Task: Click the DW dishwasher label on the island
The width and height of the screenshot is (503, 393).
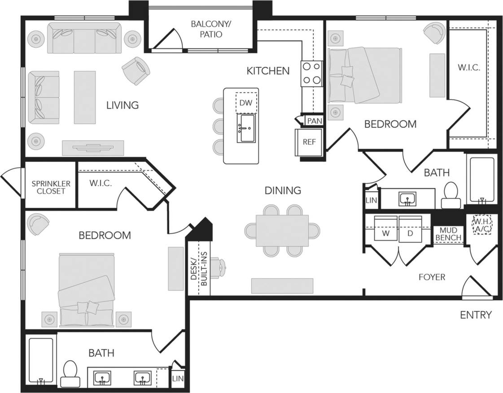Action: pos(245,103)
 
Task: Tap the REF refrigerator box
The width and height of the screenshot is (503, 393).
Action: pos(309,142)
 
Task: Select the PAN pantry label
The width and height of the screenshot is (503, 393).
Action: pos(314,121)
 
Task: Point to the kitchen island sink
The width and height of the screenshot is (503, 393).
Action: pos(246,128)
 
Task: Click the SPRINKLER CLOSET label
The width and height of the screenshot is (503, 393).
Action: pos(51,187)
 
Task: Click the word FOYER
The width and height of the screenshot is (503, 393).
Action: pos(432,277)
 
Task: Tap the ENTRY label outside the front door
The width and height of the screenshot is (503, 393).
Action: pos(476,315)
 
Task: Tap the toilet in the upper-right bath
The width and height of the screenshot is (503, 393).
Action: pos(451,195)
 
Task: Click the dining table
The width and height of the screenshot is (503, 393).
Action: pos(282,230)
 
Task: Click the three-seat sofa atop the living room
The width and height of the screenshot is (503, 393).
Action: pos(84,38)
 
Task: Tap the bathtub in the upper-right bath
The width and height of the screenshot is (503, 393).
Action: pos(482,179)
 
